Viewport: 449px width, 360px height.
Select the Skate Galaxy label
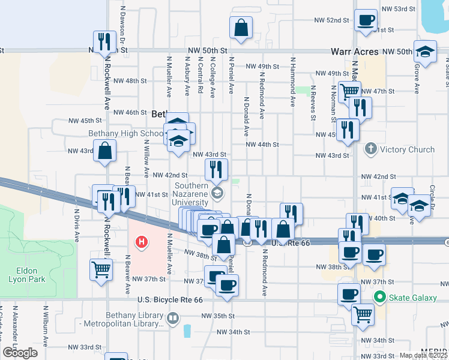[409, 296]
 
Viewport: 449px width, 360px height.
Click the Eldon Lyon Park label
[23, 274]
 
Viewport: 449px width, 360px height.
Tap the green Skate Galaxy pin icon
[379, 296]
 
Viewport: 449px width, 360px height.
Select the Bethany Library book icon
[173, 317]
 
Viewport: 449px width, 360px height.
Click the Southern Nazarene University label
[190, 194]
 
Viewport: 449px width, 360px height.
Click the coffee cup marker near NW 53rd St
[366, 21]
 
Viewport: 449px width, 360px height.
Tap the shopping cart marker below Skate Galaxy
[363, 314]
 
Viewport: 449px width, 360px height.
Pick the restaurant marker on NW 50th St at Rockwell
[104, 42]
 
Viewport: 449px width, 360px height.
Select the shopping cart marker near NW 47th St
[349, 92]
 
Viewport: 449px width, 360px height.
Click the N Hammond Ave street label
[293, 82]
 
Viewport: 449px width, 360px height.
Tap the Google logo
[20, 352]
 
